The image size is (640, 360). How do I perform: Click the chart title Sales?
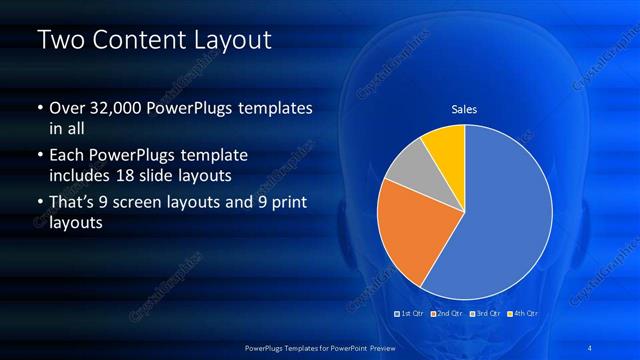(x=464, y=109)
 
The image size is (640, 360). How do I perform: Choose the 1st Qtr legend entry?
(x=412, y=314)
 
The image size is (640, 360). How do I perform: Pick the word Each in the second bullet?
(x=67, y=157)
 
